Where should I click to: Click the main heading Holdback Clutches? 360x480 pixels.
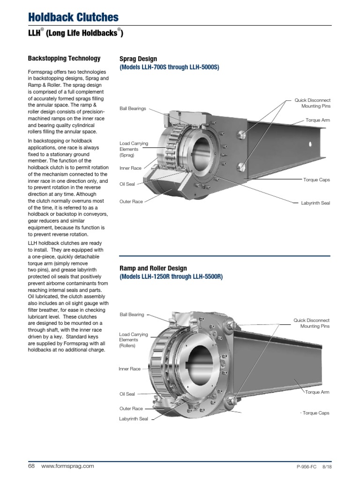pyautogui.click(x=74, y=17)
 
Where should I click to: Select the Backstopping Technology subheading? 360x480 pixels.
pyautogui.click(x=64, y=59)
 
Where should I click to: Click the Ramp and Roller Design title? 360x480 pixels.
pyautogui.click(x=153, y=268)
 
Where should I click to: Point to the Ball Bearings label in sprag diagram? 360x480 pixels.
pyautogui.click(x=133, y=108)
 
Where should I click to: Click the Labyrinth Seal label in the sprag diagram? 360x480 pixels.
pyautogui.click(x=315, y=203)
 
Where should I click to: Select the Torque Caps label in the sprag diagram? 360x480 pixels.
pyautogui.click(x=317, y=180)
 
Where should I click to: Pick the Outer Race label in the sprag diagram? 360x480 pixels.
pyautogui.click(x=131, y=202)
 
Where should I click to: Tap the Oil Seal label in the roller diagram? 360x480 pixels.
pyautogui.click(x=127, y=394)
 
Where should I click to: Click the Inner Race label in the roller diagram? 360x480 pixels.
pyautogui.click(x=130, y=369)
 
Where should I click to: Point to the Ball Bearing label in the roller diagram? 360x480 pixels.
pyautogui.click(x=132, y=315)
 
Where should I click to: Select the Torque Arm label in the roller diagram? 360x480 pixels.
pyautogui.click(x=317, y=392)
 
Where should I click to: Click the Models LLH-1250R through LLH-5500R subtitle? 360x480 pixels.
pyautogui.click(x=171, y=277)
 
